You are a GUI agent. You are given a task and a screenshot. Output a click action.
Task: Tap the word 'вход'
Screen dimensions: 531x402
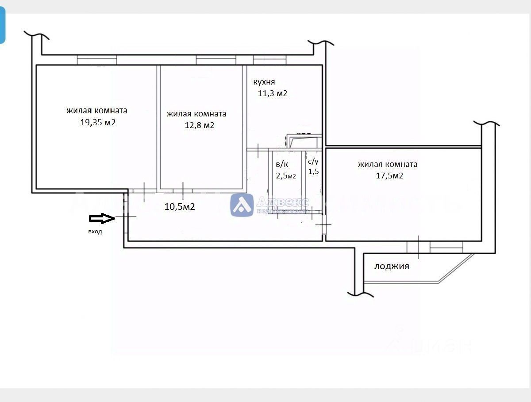click(95, 232)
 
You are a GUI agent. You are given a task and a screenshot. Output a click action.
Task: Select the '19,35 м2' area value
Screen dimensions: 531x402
click(98, 123)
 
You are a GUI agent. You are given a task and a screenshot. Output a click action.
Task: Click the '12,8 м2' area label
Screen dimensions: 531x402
click(200, 125)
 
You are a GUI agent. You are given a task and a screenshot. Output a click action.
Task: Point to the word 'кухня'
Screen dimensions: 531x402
click(264, 82)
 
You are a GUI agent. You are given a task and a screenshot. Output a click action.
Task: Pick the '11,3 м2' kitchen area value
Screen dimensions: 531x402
click(273, 93)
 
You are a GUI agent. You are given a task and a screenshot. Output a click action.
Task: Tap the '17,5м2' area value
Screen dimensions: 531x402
click(388, 176)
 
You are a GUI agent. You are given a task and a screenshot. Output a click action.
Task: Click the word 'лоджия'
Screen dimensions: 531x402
click(392, 266)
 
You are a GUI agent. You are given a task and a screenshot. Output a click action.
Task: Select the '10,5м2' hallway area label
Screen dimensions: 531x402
click(180, 206)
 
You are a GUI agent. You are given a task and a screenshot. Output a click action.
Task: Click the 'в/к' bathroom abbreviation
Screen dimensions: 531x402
click(282, 164)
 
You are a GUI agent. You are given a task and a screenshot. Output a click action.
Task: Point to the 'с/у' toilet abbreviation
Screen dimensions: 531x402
click(313, 162)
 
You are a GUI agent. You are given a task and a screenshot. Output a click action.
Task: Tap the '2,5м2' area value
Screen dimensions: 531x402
click(286, 176)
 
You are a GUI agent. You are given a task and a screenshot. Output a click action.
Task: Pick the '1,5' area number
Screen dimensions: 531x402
click(314, 172)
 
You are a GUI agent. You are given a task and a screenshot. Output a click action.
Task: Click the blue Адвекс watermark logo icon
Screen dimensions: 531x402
click(242, 205)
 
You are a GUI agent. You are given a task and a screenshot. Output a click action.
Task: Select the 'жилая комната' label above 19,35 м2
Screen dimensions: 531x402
click(97, 111)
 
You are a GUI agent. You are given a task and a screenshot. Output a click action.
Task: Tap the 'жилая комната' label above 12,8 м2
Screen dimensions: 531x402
click(196, 114)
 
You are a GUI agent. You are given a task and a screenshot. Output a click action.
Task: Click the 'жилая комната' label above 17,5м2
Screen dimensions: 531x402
click(388, 164)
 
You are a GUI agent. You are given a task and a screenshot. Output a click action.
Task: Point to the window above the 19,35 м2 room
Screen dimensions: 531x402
click(97, 60)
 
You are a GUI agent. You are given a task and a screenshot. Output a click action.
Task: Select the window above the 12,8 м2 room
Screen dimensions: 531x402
click(216, 60)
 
